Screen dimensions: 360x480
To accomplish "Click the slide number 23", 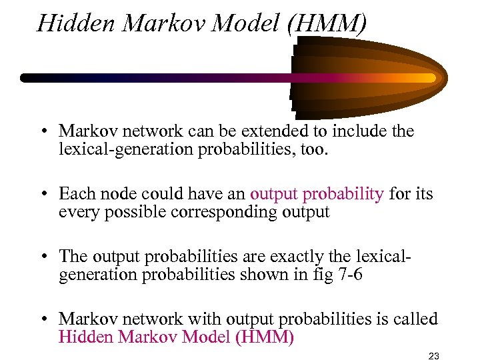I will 436,353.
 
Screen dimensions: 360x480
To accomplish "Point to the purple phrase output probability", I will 317,194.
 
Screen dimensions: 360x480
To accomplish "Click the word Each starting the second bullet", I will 75,194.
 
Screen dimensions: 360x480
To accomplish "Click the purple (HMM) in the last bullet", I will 265,337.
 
